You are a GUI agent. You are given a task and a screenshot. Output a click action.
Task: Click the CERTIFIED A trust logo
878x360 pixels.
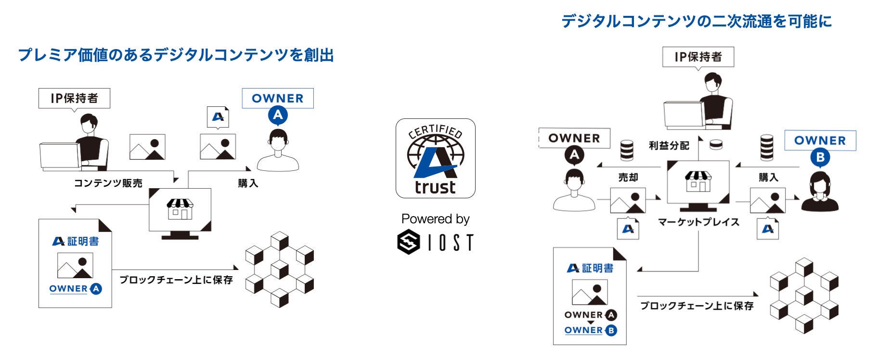[x=435, y=158]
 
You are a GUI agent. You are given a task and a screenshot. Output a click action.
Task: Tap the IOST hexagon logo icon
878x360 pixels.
[x=409, y=242]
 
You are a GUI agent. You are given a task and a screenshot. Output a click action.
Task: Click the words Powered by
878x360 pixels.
[x=435, y=219]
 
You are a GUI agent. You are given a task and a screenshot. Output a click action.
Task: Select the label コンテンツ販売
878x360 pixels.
[x=108, y=183]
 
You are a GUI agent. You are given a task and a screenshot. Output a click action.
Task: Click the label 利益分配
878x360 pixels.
[x=669, y=145]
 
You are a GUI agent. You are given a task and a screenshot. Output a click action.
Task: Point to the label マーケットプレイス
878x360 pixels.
[x=698, y=222]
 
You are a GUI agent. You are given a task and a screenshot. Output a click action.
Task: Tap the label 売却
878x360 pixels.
[x=628, y=178]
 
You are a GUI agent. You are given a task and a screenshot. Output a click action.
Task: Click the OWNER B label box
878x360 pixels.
[x=820, y=141]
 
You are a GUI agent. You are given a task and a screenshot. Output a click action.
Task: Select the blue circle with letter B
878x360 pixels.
[x=820, y=157]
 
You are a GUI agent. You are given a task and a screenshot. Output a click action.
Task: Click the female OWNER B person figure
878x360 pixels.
[x=820, y=193]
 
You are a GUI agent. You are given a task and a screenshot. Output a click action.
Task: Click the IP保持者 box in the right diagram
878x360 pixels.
[x=698, y=57]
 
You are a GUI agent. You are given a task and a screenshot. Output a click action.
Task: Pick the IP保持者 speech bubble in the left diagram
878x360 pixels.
[x=74, y=98]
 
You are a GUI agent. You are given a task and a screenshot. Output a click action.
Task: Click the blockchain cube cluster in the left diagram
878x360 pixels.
[x=279, y=270]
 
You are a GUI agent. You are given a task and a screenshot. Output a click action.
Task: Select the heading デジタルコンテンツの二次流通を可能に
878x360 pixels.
[x=696, y=21]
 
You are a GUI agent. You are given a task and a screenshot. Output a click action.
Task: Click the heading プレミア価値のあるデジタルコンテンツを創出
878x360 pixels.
[x=176, y=55]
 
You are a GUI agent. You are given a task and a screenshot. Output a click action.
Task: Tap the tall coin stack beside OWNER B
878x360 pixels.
[x=767, y=147]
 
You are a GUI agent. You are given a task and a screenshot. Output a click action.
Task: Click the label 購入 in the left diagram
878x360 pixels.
[x=248, y=183]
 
